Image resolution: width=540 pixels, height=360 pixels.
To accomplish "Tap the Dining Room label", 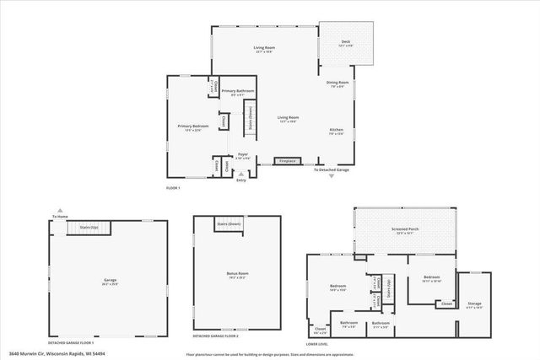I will pos(337,83).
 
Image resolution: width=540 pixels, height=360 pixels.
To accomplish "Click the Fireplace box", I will pos(288,160).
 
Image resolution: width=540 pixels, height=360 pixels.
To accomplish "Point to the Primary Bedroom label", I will pos(192,127).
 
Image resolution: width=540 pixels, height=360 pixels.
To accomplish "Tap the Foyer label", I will pos(242,156).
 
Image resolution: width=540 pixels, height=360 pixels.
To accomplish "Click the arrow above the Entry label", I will pos(241,173).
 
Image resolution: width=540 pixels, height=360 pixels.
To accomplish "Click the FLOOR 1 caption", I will pos(173,187).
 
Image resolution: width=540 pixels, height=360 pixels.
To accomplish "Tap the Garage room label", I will pos(110,282).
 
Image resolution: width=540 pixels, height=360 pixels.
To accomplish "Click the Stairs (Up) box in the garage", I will pos(89,228).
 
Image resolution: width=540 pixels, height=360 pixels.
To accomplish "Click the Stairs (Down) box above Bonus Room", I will pos(229,224).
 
